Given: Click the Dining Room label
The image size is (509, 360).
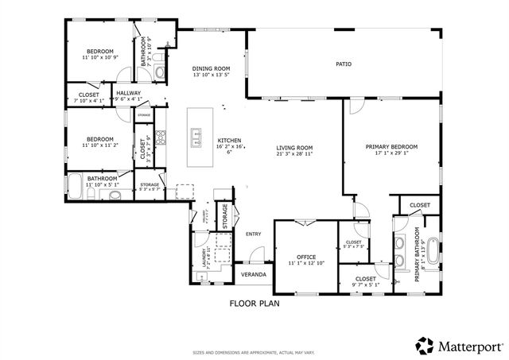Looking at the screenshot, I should click(x=211, y=69).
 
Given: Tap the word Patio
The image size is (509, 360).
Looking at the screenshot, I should click(x=343, y=64).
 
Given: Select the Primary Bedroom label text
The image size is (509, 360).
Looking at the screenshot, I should click(x=390, y=147).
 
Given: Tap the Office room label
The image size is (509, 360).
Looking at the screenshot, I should click(x=306, y=257).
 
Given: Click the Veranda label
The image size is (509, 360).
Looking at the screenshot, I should click(x=254, y=274).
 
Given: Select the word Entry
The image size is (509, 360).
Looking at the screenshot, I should click(x=254, y=234).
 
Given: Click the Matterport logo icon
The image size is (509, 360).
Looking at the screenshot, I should click(x=425, y=346).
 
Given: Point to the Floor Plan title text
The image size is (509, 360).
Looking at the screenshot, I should click(x=254, y=303).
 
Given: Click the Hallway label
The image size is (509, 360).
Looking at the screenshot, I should click(x=128, y=93).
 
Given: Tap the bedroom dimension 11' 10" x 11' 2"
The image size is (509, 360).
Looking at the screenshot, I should click(x=99, y=145).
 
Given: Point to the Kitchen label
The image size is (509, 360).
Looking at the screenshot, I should click(x=229, y=141).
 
